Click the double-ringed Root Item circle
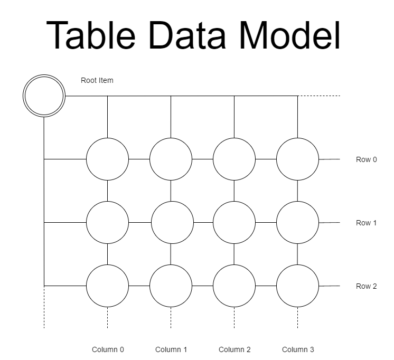click(44, 96)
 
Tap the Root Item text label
click(97, 81)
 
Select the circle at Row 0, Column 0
click(107, 159)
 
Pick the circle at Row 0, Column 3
click(297, 159)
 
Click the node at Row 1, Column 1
click(172, 222)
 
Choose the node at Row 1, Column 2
click(234, 222)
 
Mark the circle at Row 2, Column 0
click(107, 286)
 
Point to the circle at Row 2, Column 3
click(297, 286)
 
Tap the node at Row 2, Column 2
click(234, 286)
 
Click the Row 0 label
click(366, 159)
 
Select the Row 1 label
click(366, 223)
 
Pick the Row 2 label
click(366, 286)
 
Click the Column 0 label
click(108, 349)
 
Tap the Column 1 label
click(171, 349)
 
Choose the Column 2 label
click(234, 349)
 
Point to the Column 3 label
click(298, 349)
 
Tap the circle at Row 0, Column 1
click(171, 159)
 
